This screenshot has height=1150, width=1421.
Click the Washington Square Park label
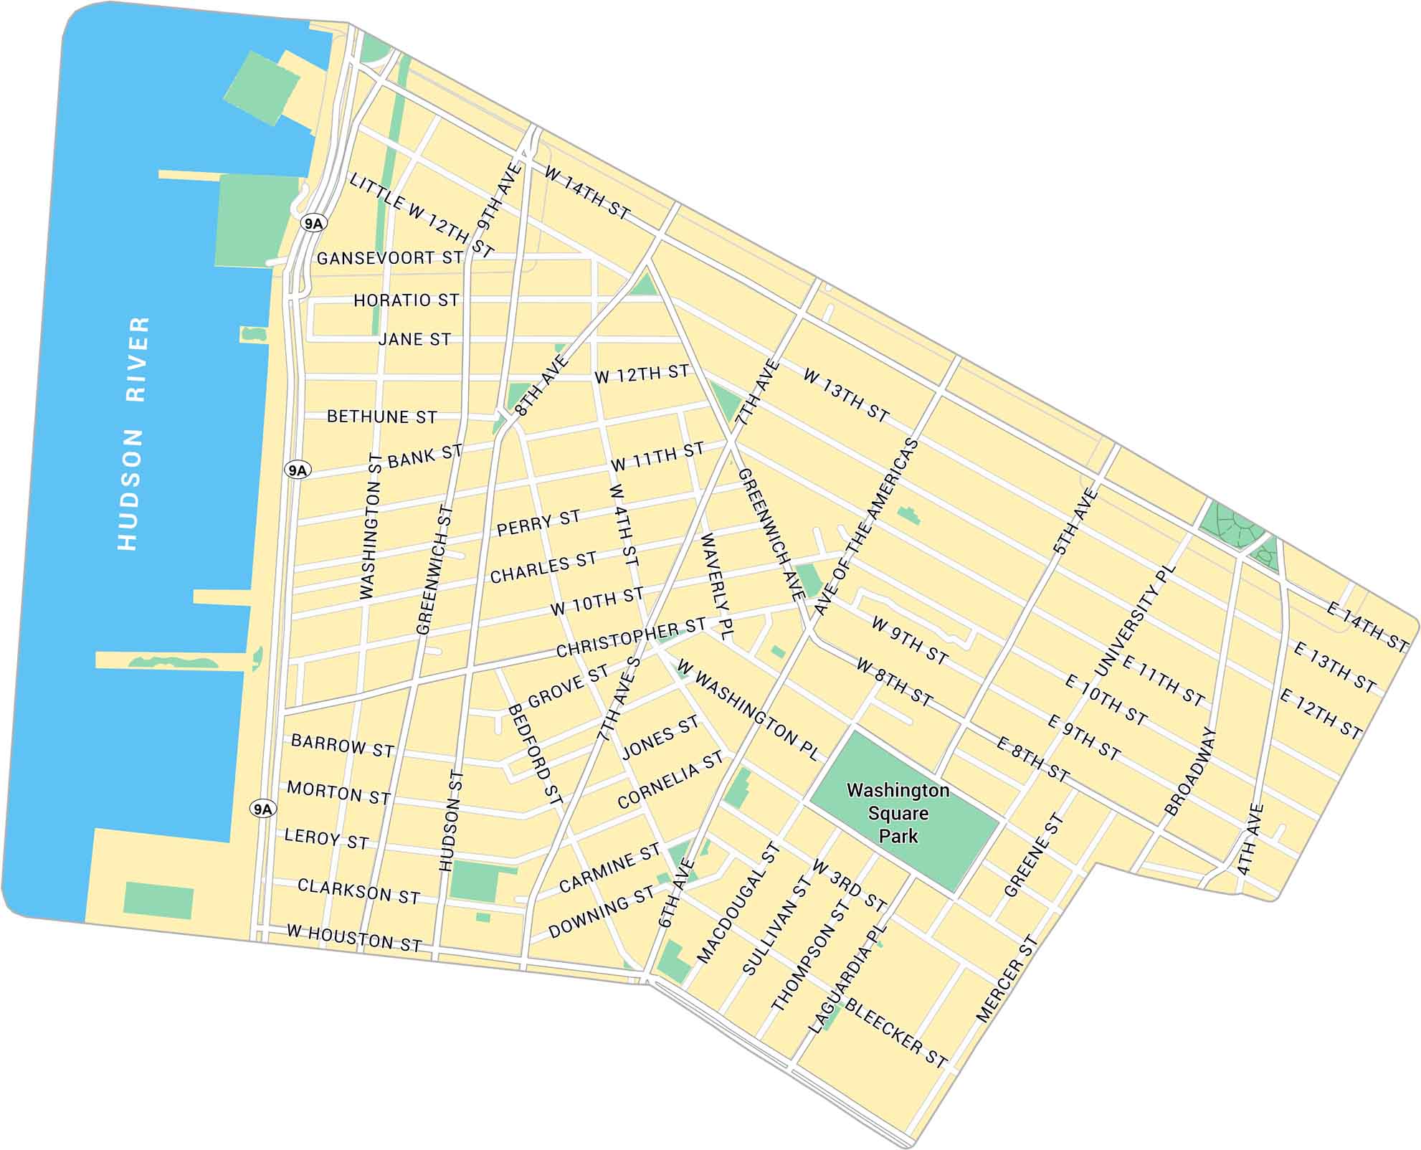pyautogui.click(x=898, y=813)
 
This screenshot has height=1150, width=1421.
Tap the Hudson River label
pyautogui.click(x=133, y=433)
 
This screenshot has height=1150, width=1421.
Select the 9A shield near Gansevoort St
pyautogui.click(x=313, y=224)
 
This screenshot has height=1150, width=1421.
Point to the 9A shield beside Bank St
pyautogui.click(x=297, y=470)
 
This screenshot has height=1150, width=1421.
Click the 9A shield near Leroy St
pyautogui.click(x=262, y=809)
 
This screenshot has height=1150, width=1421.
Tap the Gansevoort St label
pyautogui.click(x=390, y=258)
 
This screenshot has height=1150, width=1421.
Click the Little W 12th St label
pyautogui.click(x=422, y=215)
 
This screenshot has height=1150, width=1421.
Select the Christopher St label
pyautogui.click(x=631, y=638)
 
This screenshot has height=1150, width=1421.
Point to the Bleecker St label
pyautogui.click(x=896, y=1032)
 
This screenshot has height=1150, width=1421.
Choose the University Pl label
pyautogui.click(x=1136, y=621)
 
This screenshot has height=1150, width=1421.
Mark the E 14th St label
pyautogui.click(x=1367, y=627)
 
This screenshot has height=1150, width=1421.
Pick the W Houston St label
pyautogui.click(x=354, y=938)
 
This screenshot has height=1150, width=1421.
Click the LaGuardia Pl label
pyautogui.click(x=848, y=979)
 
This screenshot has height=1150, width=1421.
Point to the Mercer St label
pyautogui.click(x=1007, y=979)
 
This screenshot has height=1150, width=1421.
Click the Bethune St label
pyautogui.click(x=381, y=417)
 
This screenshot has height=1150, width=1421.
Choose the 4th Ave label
pyautogui.click(x=1250, y=840)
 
